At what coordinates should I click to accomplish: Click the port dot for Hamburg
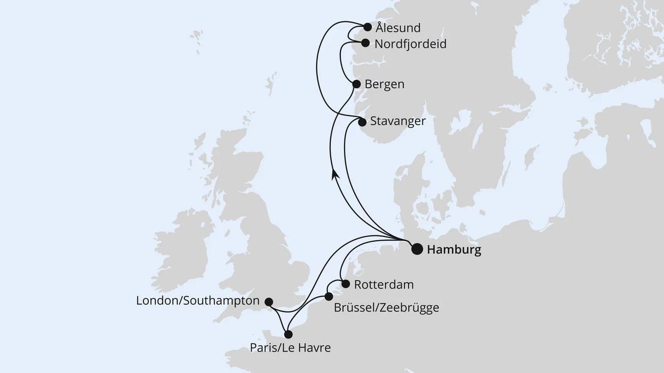pos(417,249)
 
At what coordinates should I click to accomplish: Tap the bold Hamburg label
pos(454,250)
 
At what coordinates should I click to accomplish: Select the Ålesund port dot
pos(368,27)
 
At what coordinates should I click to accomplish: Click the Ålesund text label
pos(398,28)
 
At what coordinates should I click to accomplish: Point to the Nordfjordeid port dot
pos(365,43)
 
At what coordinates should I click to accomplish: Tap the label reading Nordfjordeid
pos(410,44)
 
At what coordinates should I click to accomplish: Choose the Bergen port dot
pos(356,84)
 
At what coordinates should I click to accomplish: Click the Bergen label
pos(384,84)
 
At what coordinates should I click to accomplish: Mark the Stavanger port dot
pos(362,122)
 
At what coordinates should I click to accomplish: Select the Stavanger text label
pos(398,122)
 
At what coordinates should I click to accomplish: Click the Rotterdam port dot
pos(346,284)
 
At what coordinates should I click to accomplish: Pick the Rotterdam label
pos(384,284)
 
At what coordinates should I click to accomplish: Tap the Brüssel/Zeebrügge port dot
pos(329,296)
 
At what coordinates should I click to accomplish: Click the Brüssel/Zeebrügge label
pos(386,308)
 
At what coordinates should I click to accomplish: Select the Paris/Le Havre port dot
pos(288,335)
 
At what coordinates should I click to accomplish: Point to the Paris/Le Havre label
pos(290,348)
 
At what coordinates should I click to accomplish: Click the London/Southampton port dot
pos(269,301)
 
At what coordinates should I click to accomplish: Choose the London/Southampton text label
pos(198,301)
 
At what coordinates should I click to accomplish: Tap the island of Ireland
pos(182,251)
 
